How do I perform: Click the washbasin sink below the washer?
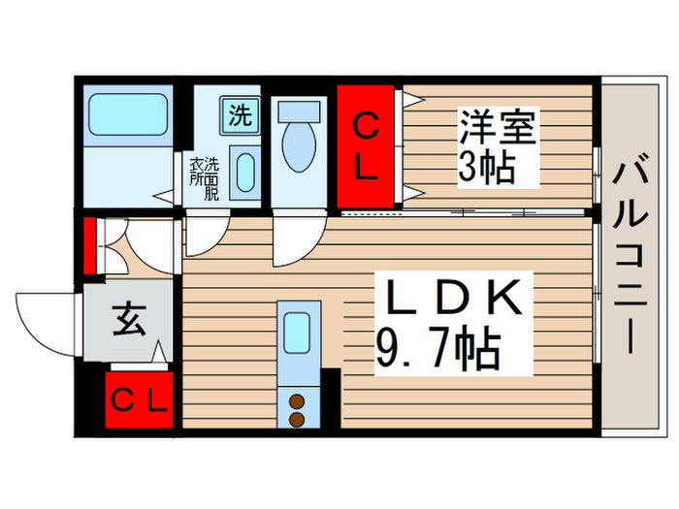point(246,174)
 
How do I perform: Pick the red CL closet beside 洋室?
point(365,147)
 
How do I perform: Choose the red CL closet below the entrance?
point(139,398)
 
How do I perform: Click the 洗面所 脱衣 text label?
point(204,178)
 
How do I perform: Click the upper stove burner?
point(298,401)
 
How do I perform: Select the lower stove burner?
point(298,419)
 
